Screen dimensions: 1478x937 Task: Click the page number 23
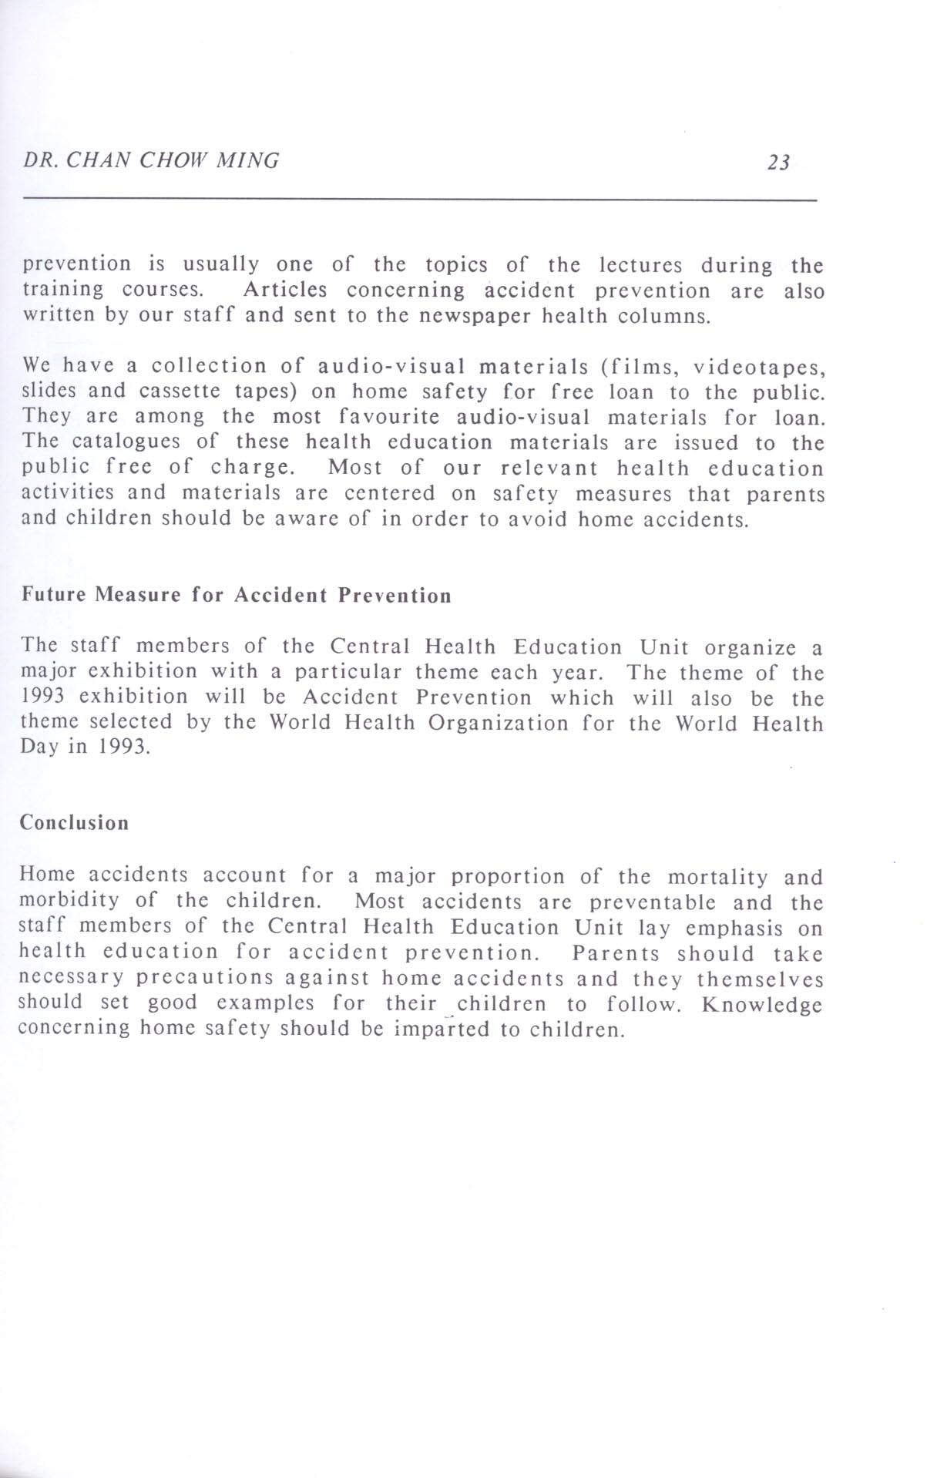[x=778, y=163]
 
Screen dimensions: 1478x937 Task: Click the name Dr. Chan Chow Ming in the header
[x=152, y=161]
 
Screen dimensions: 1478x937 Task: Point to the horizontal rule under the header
[x=420, y=200]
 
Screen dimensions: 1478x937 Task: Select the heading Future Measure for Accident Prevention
[x=236, y=596]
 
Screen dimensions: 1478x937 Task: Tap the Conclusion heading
[x=74, y=823]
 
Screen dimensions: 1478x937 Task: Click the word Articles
[x=284, y=291]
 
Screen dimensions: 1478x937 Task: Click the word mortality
[x=717, y=877]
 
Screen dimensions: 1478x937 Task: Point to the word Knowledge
[x=762, y=1005]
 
